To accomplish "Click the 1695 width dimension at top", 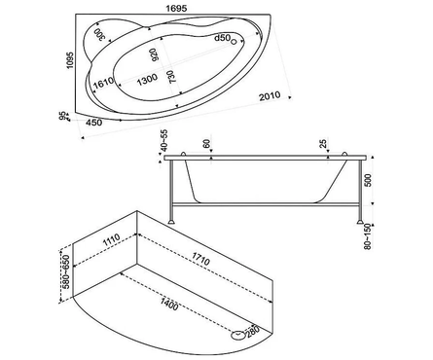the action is point(176,9).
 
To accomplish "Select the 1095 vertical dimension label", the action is point(70,60).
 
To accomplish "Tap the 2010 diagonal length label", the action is point(270,96).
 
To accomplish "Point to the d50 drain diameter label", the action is point(222,38).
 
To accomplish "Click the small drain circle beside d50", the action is point(234,41).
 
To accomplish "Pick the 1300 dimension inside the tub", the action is point(147,80).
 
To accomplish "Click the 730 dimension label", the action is point(171,77).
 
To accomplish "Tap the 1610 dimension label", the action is point(103,83).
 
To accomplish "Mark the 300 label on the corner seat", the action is point(100,34).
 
